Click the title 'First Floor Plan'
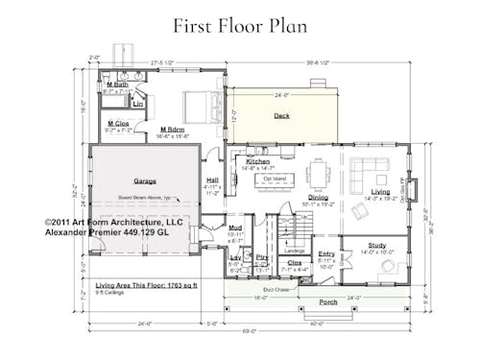point(240,25)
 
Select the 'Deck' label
point(281,115)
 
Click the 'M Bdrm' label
point(174,129)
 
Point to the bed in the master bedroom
point(200,103)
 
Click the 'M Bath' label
point(117,85)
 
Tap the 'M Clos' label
point(118,124)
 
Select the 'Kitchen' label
point(258,161)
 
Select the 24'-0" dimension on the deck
point(280,95)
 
